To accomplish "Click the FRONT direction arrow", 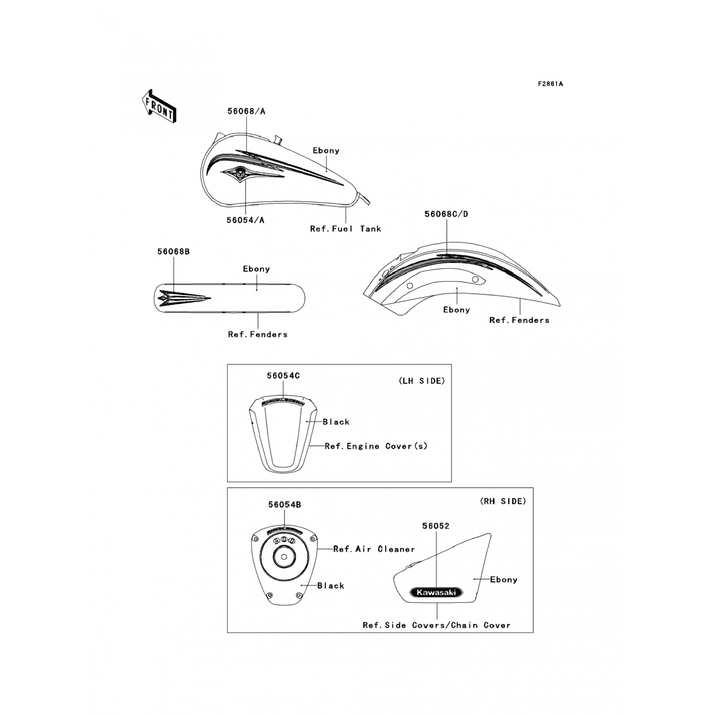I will pos(159,106).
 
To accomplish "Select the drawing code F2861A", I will pos(550,84).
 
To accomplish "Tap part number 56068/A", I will pos(246,112).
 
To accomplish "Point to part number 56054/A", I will pos(245,220).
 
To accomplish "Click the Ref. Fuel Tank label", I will pos(346,229).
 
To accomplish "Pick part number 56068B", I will pos(174,252).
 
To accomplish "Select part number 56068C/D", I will pos(446,214).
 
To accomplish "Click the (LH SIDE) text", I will pos(421,381).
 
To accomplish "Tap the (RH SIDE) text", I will pos(503,501).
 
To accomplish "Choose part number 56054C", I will pos(283,376).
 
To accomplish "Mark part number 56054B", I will pos(285,505).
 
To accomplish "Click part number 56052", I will pos(436,526).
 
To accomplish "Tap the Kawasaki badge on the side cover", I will pos(436,592).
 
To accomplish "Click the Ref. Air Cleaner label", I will pos(374,549).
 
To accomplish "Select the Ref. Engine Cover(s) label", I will pos(376,446).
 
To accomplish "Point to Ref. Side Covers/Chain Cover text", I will pos(436,625).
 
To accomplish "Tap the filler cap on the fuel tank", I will pos(277,140).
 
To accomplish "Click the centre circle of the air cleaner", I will pos(284,557).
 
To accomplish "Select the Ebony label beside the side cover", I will pos(503,580).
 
